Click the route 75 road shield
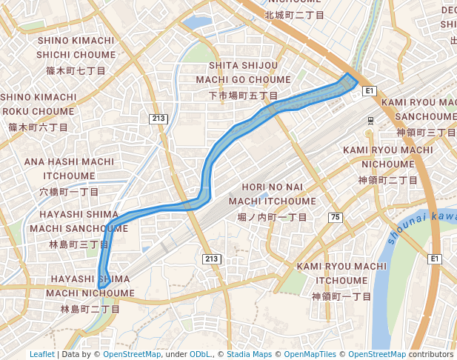pyautogui.click(x=336, y=217)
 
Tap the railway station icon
pyautogui.click(x=370, y=120)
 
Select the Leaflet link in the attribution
pyautogui.click(x=42, y=355)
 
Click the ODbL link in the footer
pyautogui.click(x=199, y=355)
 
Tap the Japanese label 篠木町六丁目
pyautogui.click(x=38, y=127)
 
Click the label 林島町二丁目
pyautogui.click(x=90, y=309)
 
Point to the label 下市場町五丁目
pyautogui.click(x=243, y=96)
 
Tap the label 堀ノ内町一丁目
pyautogui.click(x=272, y=217)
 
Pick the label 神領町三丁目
pyautogui.click(x=426, y=133)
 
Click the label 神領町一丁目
pyautogui.click(x=341, y=296)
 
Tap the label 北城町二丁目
pyautogui.click(x=294, y=15)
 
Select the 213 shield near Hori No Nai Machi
pyautogui.click(x=211, y=259)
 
